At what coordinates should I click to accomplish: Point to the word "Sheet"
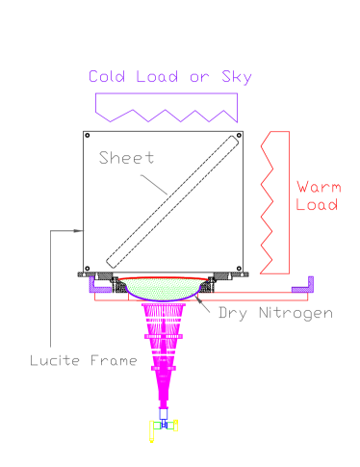(126, 158)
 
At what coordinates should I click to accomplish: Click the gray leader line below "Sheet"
(155, 184)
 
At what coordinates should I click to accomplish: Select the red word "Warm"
(318, 187)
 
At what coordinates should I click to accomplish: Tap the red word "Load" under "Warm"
(317, 205)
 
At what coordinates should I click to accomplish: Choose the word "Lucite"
(54, 361)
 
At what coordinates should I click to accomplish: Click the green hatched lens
(162, 288)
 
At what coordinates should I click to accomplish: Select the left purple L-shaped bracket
(98, 285)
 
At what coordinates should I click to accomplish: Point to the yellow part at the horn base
(153, 430)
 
